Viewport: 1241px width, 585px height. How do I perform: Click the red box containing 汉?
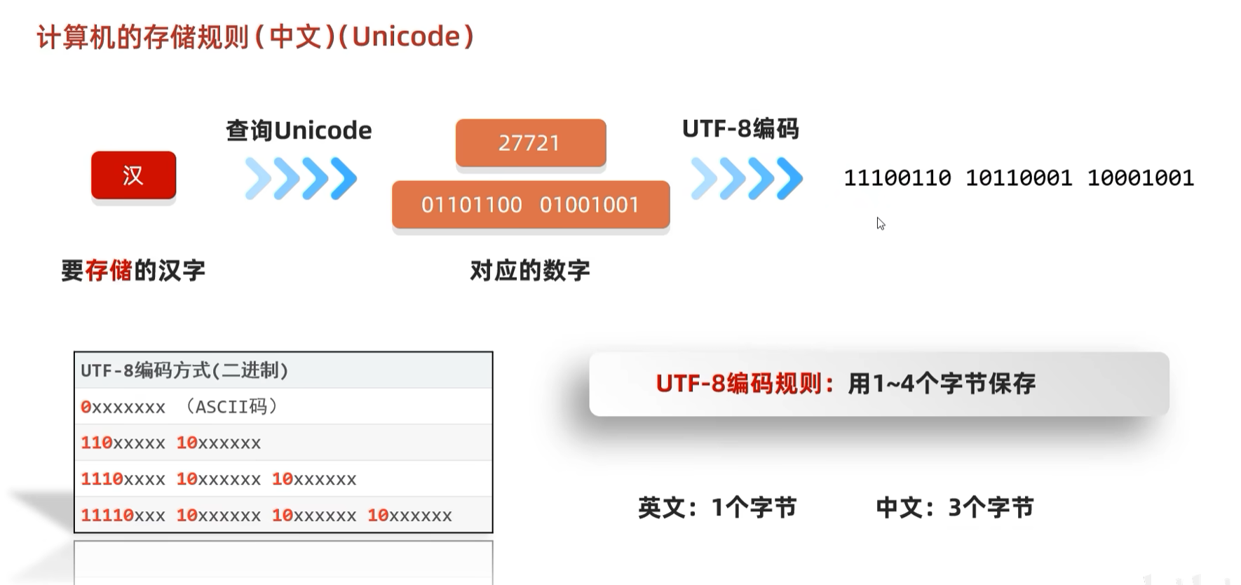133,175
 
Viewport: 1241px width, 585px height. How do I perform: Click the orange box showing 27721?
530,143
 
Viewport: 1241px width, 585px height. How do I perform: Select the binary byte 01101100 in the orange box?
471,205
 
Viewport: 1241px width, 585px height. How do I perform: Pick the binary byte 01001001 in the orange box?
590,205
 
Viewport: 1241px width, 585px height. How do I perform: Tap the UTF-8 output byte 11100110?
897,178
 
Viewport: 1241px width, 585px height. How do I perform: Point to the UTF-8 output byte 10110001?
1019,178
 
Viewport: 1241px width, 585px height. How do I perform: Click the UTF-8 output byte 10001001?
1140,178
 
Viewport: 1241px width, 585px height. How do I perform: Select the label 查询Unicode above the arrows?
299,130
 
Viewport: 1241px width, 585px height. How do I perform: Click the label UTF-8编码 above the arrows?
740,129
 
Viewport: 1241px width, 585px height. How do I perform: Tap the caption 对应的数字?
530,270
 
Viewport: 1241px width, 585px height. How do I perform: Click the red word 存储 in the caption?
109,270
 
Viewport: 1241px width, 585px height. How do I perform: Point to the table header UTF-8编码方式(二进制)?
184,370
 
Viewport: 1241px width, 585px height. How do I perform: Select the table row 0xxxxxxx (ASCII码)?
179,407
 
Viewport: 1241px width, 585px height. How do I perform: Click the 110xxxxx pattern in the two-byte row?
123,443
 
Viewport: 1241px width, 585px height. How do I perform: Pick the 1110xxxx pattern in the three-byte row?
123,480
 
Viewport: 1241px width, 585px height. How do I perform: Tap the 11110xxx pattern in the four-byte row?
123,516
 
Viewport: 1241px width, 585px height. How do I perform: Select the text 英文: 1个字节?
717,507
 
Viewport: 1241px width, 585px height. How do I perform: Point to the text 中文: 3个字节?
955,507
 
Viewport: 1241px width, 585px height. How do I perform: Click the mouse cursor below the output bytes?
881,224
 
